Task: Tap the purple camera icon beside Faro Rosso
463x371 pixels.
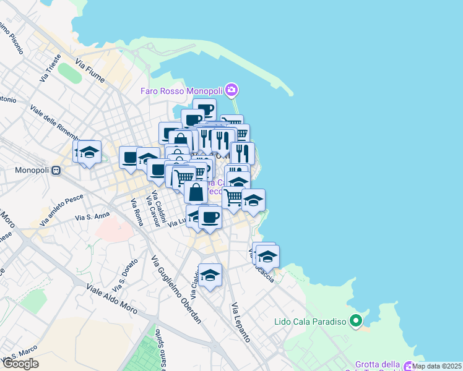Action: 231,91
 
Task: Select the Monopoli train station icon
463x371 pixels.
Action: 56,170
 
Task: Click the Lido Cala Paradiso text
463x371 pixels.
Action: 310,322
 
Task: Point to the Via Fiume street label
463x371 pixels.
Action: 90,71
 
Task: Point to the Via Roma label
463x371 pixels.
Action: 137,212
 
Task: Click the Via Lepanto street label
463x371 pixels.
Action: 241,323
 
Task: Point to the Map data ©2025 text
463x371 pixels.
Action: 438,366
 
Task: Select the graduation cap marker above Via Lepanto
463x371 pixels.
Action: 210,275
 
